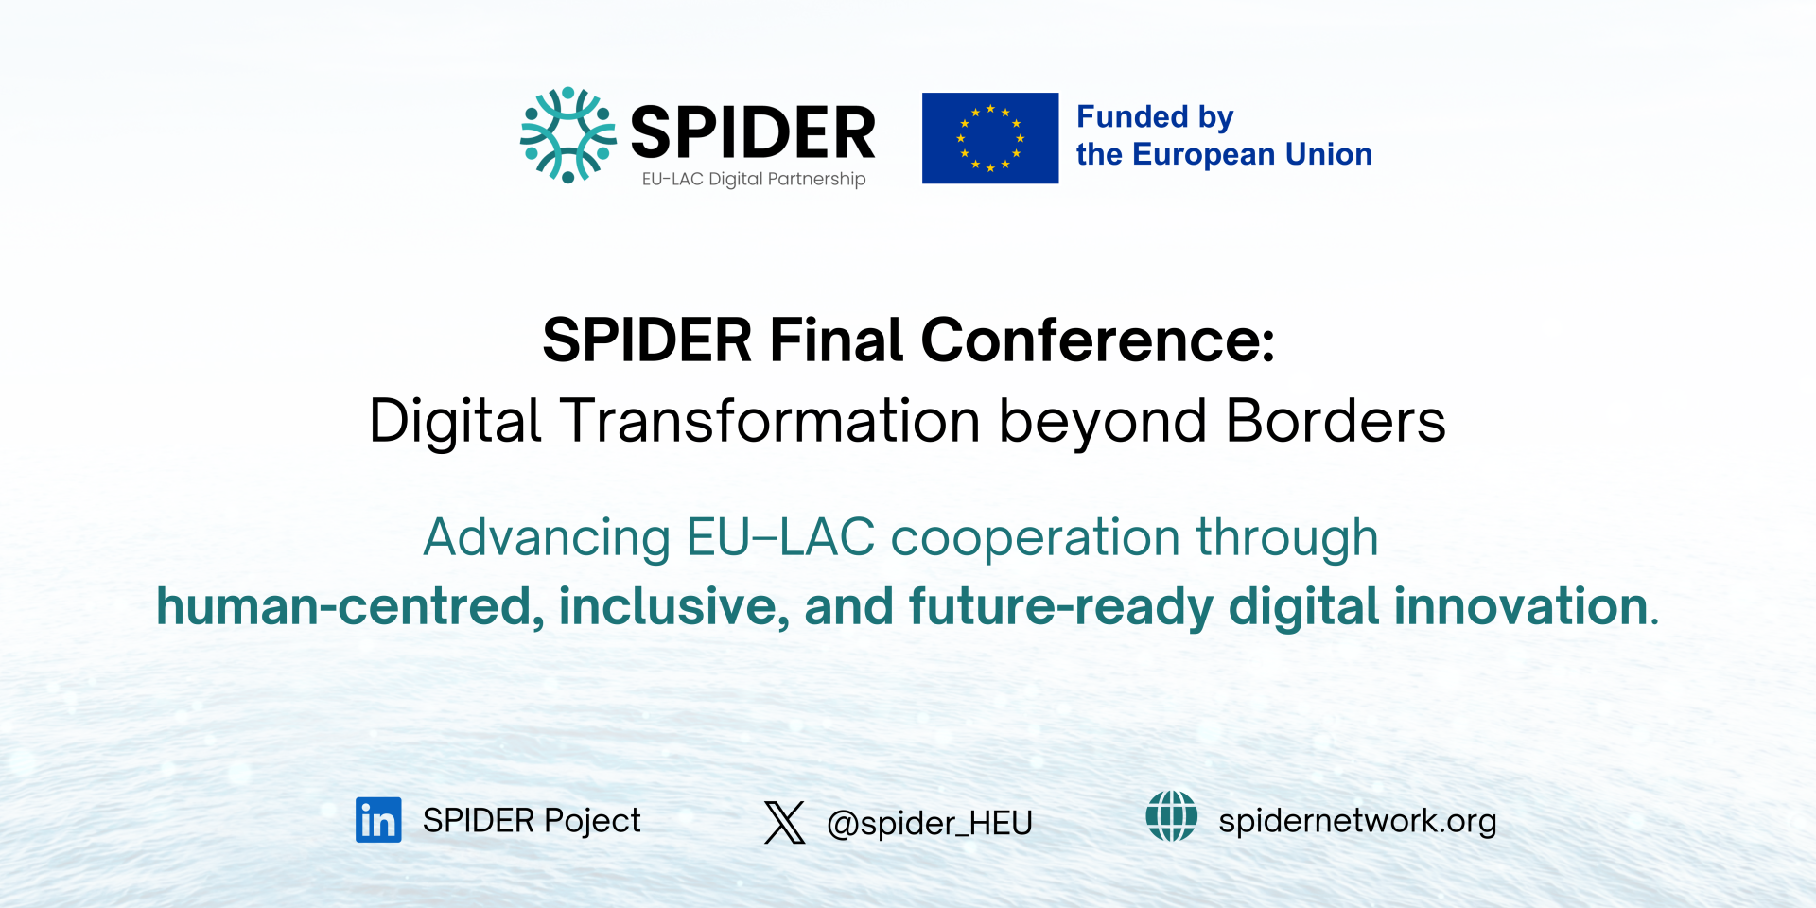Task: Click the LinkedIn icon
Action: [x=378, y=820]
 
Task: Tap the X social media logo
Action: [x=784, y=822]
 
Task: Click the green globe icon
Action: [x=1171, y=816]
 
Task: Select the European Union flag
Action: [x=989, y=138]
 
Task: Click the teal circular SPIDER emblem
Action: [x=567, y=135]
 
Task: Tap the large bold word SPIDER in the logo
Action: [x=753, y=133]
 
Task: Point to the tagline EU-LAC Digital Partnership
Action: [x=753, y=179]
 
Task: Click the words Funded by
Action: [x=1154, y=117]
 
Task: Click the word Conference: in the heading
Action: [x=1097, y=340]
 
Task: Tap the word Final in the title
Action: [x=836, y=340]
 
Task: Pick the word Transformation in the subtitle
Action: [x=770, y=421]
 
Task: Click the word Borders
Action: [x=1335, y=421]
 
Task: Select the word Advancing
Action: [x=547, y=538]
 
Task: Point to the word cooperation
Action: [x=1035, y=538]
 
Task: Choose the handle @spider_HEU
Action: [x=929, y=823]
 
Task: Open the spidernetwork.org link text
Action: [x=1356, y=821]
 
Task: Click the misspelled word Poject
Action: [x=592, y=821]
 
